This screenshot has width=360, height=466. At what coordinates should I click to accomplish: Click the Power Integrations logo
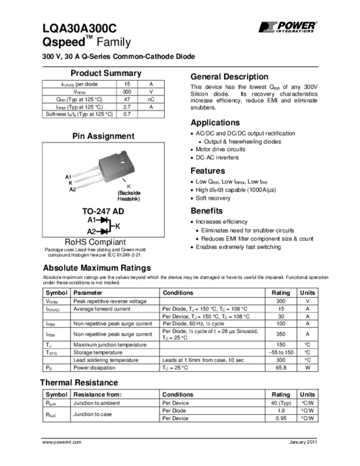[288, 27]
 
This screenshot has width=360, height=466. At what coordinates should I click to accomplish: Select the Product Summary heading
[106, 73]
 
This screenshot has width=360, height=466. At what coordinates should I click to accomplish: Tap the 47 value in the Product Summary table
[127, 99]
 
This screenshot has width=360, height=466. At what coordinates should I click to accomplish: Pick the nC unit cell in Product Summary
[151, 99]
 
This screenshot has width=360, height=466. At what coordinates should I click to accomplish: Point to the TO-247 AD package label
[103, 212]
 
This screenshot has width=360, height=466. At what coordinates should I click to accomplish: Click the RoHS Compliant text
[95, 242]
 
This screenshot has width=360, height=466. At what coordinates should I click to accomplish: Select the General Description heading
[229, 76]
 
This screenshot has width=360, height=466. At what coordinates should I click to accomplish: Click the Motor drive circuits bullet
[220, 149]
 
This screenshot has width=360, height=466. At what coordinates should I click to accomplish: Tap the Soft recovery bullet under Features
[213, 198]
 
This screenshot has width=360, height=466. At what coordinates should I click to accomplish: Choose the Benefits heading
[207, 211]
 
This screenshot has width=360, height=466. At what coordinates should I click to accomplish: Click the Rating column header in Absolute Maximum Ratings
[280, 293]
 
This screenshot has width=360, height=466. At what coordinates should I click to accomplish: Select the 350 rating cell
[280, 334]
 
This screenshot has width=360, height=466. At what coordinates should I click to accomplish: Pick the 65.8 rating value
[280, 368]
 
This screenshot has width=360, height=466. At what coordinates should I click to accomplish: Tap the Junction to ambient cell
[97, 403]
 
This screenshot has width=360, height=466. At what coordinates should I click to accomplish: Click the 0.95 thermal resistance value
[280, 418]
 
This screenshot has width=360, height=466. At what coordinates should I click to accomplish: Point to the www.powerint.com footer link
[62, 442]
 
